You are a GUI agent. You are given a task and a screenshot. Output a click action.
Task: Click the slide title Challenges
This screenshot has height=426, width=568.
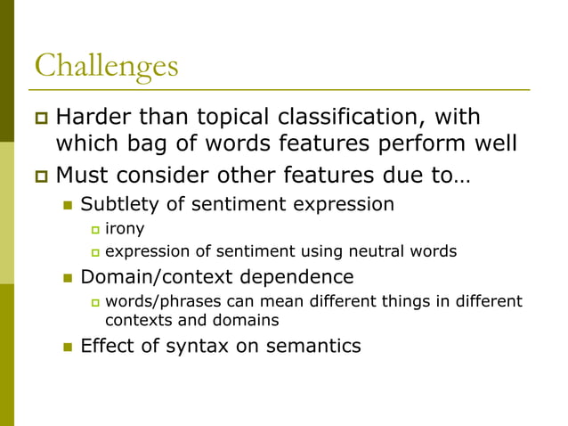[106, 65]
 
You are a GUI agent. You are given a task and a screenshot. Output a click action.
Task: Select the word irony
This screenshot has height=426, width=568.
[125, 229]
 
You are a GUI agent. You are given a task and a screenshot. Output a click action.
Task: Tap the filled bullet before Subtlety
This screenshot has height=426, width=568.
[66, 205]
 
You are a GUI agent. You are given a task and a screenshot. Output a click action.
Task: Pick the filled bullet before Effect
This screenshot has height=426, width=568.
[66, 346]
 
